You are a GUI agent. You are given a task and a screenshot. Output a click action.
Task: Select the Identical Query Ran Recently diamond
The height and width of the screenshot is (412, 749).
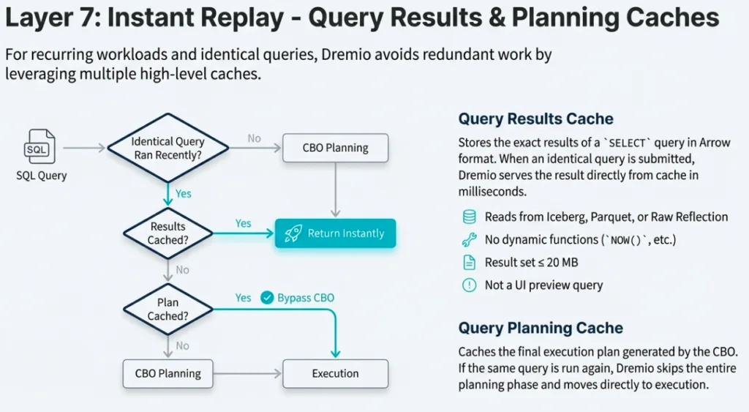[168, 148]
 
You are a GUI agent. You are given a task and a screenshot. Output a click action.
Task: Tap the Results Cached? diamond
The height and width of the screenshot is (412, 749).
[168, 233]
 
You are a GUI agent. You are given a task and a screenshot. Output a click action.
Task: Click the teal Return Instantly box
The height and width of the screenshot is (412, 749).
[335, 233]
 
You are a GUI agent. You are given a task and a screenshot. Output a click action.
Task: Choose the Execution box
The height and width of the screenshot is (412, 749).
[335, 373]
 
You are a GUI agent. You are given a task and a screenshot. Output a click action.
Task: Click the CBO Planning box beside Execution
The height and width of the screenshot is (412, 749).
[168, 373]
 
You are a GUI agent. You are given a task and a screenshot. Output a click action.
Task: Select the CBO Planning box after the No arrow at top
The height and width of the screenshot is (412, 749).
[335, 148]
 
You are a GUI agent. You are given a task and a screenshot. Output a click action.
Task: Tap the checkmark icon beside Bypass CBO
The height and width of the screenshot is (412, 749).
[266, 298]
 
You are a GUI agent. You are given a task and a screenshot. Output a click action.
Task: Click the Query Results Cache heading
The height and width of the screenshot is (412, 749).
[535, 119]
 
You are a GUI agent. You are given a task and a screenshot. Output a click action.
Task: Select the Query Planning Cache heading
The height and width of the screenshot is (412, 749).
[541, 328]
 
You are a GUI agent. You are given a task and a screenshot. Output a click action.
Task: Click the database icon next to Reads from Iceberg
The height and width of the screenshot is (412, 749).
[469, 217]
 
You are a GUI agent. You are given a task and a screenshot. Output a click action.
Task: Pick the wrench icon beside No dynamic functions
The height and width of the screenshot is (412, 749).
[469, 239]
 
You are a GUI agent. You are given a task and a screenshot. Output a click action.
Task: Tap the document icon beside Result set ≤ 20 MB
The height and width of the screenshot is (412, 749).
[469, 262]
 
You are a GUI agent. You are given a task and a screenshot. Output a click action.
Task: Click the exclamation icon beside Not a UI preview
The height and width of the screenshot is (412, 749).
[469, 285]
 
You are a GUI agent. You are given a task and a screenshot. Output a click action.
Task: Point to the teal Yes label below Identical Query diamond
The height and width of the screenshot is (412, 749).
[184, 194]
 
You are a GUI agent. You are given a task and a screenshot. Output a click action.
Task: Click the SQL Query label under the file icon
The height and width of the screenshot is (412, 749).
[41, 176]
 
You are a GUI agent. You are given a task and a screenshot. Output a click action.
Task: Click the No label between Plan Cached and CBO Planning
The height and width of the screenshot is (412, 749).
[182, 345]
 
